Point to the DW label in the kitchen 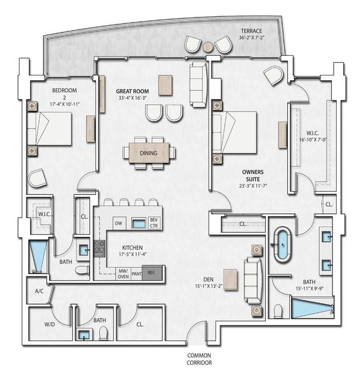pos(118,223)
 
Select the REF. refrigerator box pos(152,273)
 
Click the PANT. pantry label pos(137,273)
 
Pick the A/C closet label pos(39,291)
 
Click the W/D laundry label pos(50,325)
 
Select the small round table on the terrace pos(208,46)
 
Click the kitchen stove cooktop pos(99,249)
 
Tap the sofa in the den pos(253,279)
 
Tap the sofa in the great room pos(198,77)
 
